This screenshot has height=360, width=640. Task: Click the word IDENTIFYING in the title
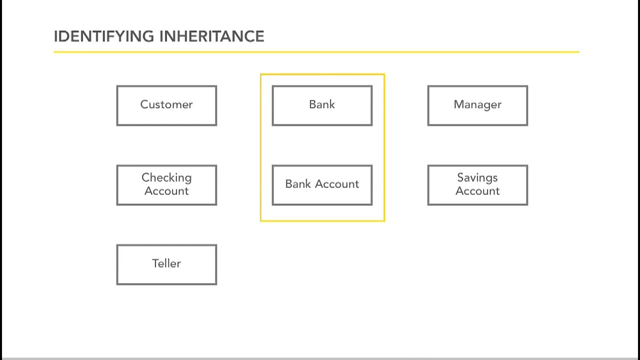click(104, 36)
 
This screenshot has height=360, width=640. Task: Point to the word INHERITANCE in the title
click(211, 36)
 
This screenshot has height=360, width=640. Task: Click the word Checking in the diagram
click(166, 178)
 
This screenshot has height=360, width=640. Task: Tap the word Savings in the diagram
click(477, 178)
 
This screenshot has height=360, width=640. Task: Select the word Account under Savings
click(477, 191)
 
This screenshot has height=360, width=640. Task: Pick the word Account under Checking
click(166, 191)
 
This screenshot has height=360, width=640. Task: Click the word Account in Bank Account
click(336, 184)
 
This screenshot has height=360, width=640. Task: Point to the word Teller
click(166, 263)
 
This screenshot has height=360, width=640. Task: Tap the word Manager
click(477, 104)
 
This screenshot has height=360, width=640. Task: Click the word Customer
click(166, 104)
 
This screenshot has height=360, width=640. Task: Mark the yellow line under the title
click(316, 51)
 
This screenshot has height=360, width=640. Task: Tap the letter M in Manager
click(458, 104)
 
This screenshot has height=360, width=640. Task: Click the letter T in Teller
click(155, 263)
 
